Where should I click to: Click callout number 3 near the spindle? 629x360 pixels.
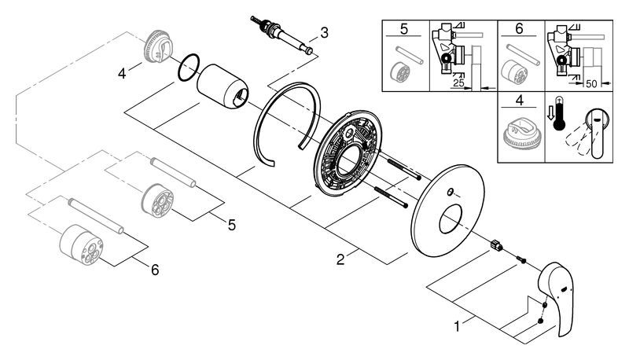click(x=324, y=32)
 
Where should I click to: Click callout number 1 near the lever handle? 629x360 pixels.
click(x=457, y=326)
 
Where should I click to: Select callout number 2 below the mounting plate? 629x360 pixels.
click(x=340, y=259)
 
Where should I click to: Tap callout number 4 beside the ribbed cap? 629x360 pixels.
click(x=122, y=73)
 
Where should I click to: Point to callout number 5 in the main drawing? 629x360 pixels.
click(x=232, y=225)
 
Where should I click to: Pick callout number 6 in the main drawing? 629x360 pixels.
click(x=155, y=270)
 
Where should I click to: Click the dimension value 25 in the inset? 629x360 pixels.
click(x=458, y=83)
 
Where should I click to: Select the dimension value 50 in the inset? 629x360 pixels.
click(x=592, y=83)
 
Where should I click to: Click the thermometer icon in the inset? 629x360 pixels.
click(x=558, y=114)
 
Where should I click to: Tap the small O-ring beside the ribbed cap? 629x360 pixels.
click(x=189, y=68)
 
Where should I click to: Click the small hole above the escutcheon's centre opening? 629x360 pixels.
click(x=450, y=193)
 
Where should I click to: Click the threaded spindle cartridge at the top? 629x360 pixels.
click(x=282, y=35)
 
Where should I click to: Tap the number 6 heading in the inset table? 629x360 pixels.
click(x=520, y=29)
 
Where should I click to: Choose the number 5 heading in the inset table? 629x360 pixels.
click(x=404, y=29)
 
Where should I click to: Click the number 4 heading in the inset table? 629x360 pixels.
click(x=520, y=100)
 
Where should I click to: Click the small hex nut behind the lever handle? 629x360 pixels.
click(x=496, y=244)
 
